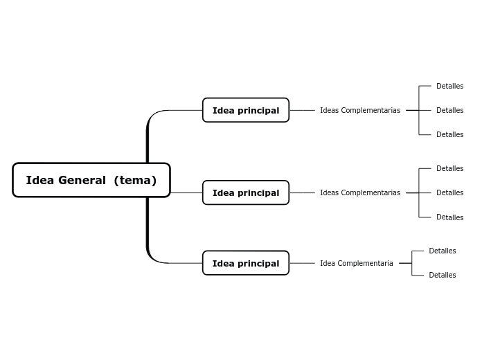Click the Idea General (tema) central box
click(x=91, y=180)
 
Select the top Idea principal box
click(x=245, y=110)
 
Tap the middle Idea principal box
click(x=245, y=192)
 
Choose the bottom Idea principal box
click(x=245, y=263)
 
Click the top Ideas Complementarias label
click(x=359, y=110)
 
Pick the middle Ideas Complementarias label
click(x=359, y=192)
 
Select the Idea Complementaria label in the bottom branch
click(x=356, y=263)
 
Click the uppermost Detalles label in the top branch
click(x=449, y=87)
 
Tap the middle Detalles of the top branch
click(x=449, y=110)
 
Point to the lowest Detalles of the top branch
click(x=449, y=134)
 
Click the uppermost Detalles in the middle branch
click(x=449, y=168)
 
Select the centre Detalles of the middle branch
click(x=449, y=192)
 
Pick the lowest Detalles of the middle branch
click(x=449, y=217)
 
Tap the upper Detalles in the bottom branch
click(x=442, y=251)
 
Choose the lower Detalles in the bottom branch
click(x=442, y=275)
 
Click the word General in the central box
click(x=82, y=181)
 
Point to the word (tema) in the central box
click(x=135, y=181)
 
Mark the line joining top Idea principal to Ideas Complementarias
click(x=302, y=110)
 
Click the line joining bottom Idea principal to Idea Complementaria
click(x=302, y=263)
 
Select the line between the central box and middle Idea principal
click(x=186, y=192)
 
